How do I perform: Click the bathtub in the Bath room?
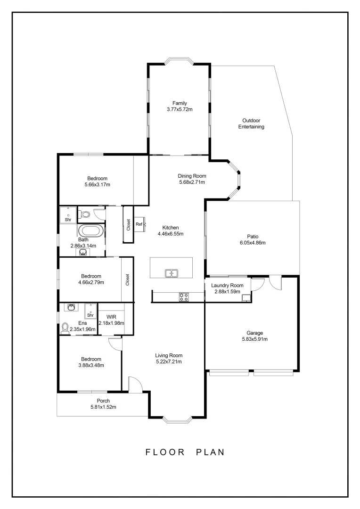(90, 231)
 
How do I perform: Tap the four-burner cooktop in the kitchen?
(184, 297)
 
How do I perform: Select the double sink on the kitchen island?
(171, 273)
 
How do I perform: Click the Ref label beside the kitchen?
(139, 224)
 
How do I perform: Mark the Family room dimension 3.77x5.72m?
(180, 109)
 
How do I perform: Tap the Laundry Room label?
(227, 285)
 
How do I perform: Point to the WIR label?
(111, 316)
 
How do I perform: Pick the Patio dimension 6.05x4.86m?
(253, 243)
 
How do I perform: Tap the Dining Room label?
(192, 176)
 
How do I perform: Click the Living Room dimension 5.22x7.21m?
(169, 362)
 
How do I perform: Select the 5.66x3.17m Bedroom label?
(97, 185)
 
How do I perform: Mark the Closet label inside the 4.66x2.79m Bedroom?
(127, 280)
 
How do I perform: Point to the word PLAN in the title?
(210, 452)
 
